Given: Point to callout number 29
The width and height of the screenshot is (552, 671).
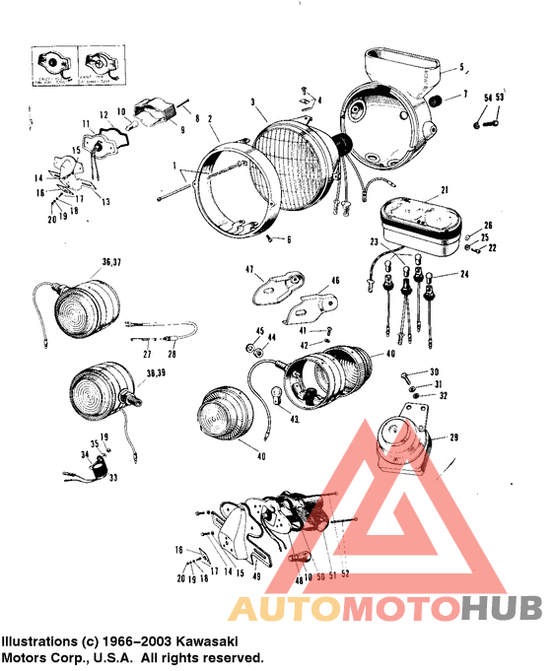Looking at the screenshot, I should tap(454, 436).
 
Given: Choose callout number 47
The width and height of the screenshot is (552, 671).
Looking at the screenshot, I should tap(250, 269).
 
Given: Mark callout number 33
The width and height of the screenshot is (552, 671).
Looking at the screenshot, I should tap(112, 477).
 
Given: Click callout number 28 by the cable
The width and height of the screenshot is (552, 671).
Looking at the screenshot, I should tap(172, 353).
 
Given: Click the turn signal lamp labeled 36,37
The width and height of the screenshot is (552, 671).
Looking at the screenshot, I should tap(88, 305).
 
